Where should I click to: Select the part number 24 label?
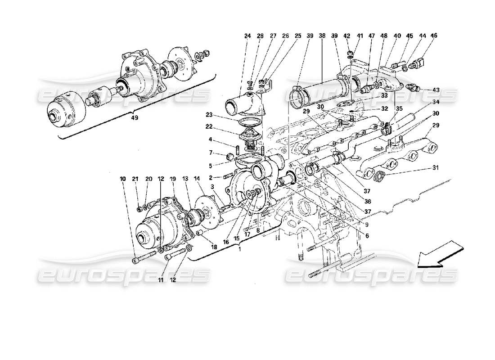[x=247, y=36]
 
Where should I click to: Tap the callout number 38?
[x=321, y=36]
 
